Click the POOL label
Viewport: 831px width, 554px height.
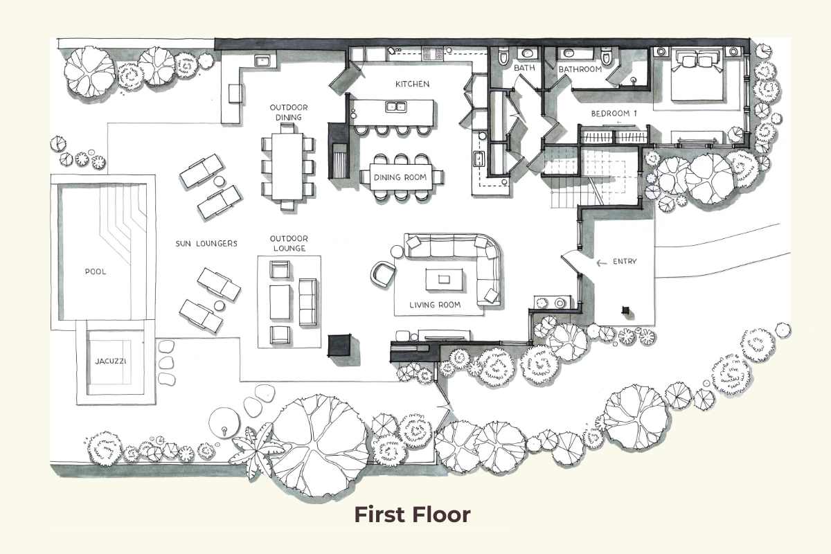click(x=96, y=271)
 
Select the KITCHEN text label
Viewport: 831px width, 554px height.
click(x=412, y=84)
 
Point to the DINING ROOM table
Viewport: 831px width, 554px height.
click(x=400, y=177)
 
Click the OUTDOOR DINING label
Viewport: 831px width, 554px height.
click(x=289, y=112)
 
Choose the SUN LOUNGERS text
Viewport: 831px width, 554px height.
click(x=206, y=244)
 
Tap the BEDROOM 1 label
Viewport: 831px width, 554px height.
click(x=613, y=113)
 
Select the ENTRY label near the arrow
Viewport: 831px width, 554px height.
click(x=624, y=262)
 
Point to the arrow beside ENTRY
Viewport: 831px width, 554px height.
click(x=601, y=262)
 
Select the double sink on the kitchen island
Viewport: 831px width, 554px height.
click(x=395, y=107)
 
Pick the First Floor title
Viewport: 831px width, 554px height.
click(x=412, y=515)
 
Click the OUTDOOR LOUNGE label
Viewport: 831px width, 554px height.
click(x=289, y=243)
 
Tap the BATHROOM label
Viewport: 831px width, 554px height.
click(x=580, y=69)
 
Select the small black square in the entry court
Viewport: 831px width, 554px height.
click(x=626, y=311)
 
